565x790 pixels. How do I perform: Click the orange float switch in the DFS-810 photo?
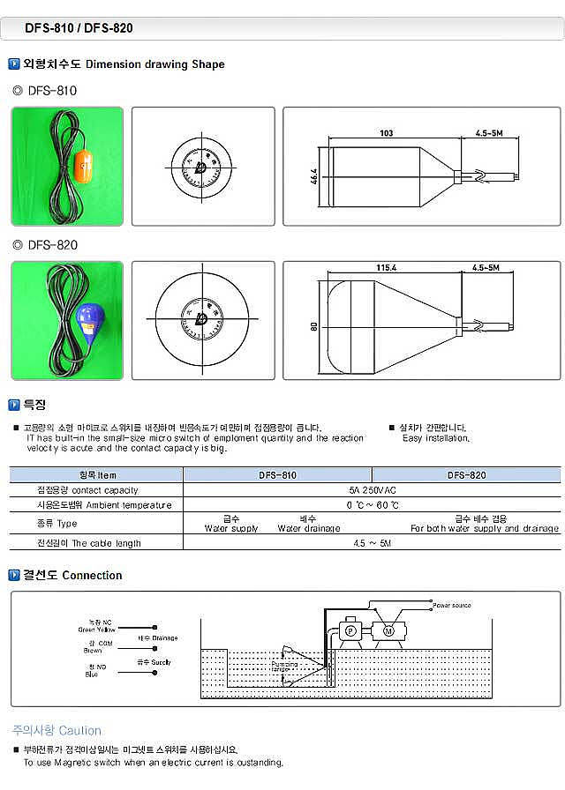click(x=85, y=164)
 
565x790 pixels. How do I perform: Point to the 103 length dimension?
click(x=386, y=133)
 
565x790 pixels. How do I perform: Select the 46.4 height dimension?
click(x=313, y=175)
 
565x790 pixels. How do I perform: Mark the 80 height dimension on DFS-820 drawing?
click(x=313, y=326)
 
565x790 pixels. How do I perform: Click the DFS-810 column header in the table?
click(x=277, y=474)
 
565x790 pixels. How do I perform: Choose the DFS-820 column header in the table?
click(x=466, y=474)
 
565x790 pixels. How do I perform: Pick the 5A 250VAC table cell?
click(x=372, y=489)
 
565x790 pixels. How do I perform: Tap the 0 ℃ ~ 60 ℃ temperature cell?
click(x=372, y=505)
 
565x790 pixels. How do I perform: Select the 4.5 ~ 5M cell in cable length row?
click(x=372, y=543)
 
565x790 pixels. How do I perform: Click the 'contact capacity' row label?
click(x=96, y=489)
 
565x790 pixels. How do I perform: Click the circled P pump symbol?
click(x=349, y=631)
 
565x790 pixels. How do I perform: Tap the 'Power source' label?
click(x=451, y=606)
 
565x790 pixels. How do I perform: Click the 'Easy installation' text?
click(x=435, y=437)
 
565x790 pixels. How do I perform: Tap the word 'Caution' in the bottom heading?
click(x=81, y=730)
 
